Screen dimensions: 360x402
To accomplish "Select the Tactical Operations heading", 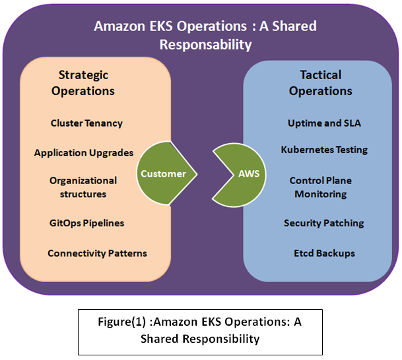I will pos(320,83).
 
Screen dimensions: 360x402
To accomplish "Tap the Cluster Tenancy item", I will pos(86,123).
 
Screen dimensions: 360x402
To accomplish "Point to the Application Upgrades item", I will pos(84,153).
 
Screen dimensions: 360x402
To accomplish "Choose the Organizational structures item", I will pos(83,187).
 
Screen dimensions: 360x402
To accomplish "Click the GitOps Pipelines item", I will pos(86,224).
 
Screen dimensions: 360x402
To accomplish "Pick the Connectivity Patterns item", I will pos(97,253).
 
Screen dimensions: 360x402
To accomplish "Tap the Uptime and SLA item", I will pos(324,123).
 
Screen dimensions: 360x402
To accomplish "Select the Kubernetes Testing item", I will pos(324,150).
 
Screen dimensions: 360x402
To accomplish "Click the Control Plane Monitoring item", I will pos(320,187).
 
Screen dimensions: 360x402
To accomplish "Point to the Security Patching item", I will pos(323,224).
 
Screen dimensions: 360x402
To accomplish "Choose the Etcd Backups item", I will pos(324,253).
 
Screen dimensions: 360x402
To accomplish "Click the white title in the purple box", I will pos(205,36).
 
